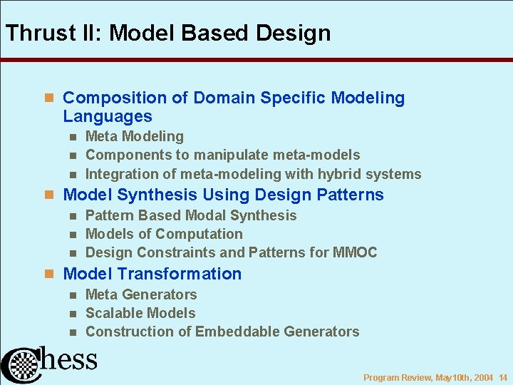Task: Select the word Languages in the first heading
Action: (108, 116)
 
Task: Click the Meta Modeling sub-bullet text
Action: (135, 136)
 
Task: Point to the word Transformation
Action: (180, 274)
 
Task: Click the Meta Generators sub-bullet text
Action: (141, 294)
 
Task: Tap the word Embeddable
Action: (237, 332)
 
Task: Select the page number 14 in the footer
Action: (503, 377)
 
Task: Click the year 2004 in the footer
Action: (484, 377)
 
